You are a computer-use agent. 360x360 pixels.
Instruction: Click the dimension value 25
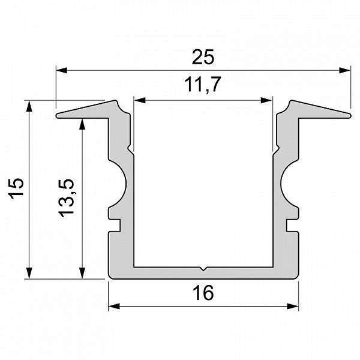tap(203, 57)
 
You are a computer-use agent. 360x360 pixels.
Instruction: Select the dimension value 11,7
tap(203, 85)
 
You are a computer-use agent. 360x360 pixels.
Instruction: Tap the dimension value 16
tap(203, 293)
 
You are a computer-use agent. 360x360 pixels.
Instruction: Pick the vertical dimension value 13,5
tap(67, 198)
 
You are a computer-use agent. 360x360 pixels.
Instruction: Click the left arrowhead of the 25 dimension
tap(62, 70)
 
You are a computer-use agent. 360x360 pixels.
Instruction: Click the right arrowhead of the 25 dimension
tap(345, 70)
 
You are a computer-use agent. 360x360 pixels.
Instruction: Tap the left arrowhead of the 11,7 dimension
tap(140, 100)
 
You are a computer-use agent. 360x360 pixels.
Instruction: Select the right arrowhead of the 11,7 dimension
tap(266, 100)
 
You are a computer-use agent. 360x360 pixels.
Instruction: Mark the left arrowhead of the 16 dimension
tap(114, 306)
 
